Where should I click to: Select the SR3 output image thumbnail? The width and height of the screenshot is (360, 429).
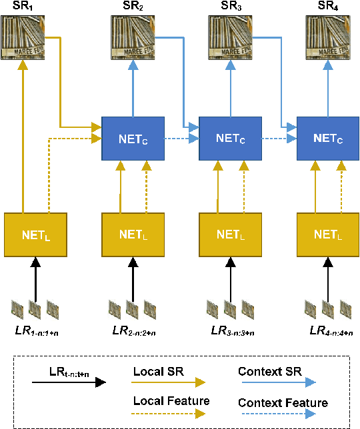point(231,37)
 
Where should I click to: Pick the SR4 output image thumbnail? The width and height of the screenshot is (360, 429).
point(327,37)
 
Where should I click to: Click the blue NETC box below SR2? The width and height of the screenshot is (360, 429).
point(133,139)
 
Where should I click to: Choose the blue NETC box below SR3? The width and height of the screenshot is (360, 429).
point(231,139)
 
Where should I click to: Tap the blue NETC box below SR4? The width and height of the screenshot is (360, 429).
point(327,139)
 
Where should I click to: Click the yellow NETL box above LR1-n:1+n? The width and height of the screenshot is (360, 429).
point(36,234)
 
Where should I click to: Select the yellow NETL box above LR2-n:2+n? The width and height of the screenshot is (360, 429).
point(133,234)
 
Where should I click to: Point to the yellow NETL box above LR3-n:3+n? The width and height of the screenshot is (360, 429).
point(231,234)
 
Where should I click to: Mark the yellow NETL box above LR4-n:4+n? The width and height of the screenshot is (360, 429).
point(327,234)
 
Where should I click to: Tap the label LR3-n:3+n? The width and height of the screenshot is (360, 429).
point(231,331)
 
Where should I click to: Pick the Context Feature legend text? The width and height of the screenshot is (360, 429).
point(283,403)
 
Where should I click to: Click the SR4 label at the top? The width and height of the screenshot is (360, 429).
point(327,8)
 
